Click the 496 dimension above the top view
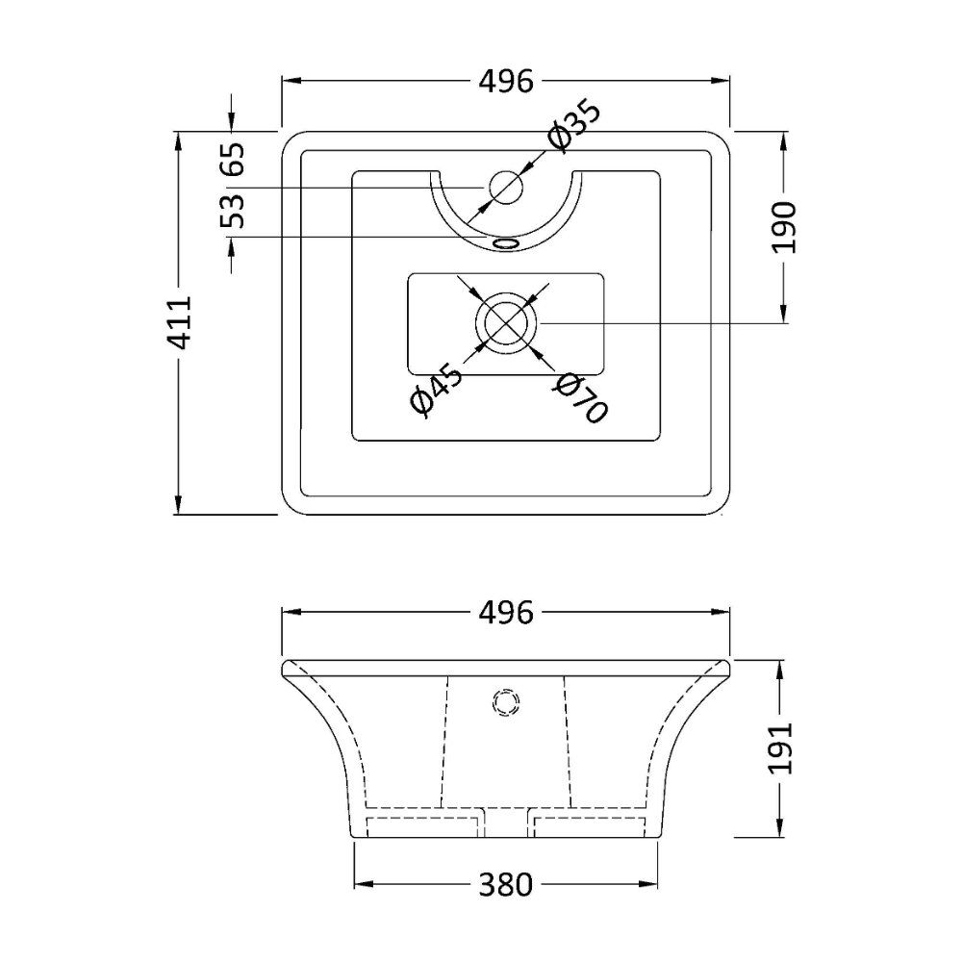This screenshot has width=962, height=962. (506, 81)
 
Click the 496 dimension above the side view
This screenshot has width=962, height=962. (506, 612)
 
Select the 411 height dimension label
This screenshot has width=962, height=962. (182, 322)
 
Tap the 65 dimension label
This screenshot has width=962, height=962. (233, 160)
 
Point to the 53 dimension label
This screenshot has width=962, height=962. (233, 211)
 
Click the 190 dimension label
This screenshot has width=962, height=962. (784, 227)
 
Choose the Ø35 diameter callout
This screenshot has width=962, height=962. (575, 126)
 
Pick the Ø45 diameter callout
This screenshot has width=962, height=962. (436, 389)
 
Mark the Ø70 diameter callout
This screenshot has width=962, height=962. (580, 399)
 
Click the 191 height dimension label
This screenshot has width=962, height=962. (782, 748)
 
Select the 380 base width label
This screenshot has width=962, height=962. (506, 885)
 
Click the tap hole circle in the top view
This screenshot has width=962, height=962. (506, 187)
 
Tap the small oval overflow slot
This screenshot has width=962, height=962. (506, 243)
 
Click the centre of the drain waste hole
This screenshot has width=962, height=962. (506, 322)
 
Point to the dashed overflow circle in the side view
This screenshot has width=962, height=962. (506, 702)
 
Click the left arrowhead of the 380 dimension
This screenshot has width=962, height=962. (364, 884)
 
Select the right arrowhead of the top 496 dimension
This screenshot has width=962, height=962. (721, 81)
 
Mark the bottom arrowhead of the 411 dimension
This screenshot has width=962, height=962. (179, 505)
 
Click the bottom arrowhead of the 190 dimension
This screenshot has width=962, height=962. (783, 313)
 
